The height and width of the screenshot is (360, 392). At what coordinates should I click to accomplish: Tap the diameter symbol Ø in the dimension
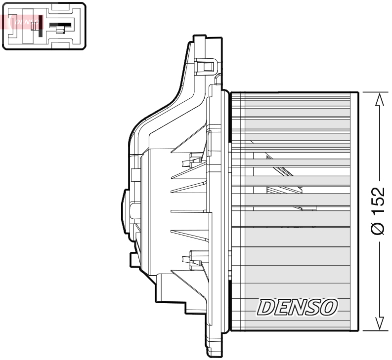[379, 229]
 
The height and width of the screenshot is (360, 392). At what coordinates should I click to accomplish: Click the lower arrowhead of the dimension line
[379, 323]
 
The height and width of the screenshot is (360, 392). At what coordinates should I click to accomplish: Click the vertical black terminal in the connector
[40, 25]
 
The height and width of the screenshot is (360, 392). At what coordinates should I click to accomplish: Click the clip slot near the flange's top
[206, 65]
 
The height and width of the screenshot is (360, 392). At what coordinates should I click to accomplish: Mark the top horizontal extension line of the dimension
[371, 91]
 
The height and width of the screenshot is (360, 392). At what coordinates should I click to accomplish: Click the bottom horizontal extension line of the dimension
[371, 330]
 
